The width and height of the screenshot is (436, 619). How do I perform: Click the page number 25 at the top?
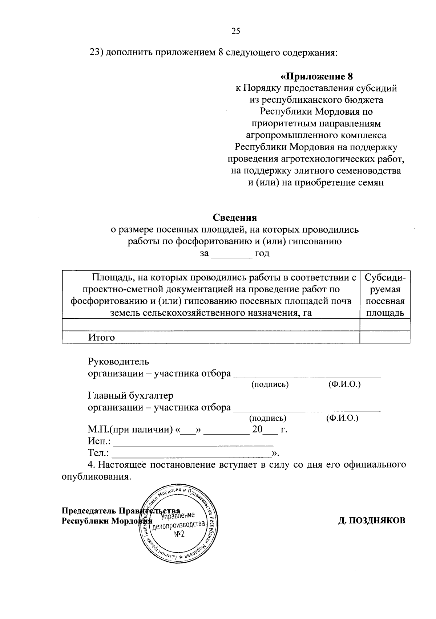(x=235, y=31)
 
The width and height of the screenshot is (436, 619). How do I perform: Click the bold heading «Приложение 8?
(x=316, y=77)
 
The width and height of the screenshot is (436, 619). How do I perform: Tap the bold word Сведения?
(x=234, y=217)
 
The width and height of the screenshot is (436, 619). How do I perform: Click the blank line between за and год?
(x=231, y=254)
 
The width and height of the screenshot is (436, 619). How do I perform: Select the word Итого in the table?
(x=101, y=338)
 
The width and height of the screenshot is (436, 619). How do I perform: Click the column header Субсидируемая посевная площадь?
(x=385, y=295)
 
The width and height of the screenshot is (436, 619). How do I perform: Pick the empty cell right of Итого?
(x=385, y=337)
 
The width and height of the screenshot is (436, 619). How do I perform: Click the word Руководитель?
(x=118, y=362)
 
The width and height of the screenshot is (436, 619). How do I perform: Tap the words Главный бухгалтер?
(x=130, y=395)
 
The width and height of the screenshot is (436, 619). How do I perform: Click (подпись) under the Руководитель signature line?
(x=270, y=384)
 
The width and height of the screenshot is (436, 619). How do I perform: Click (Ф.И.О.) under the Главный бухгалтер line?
(x=342, y=418)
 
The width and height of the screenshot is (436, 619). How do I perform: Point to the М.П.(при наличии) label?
(x=130, y=430)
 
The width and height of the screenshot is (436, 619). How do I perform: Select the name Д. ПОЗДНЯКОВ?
(x=372, y=521)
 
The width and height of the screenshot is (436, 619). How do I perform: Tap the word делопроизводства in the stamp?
(x=178, y=525)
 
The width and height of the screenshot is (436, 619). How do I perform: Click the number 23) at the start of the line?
(x=97, y=53)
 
